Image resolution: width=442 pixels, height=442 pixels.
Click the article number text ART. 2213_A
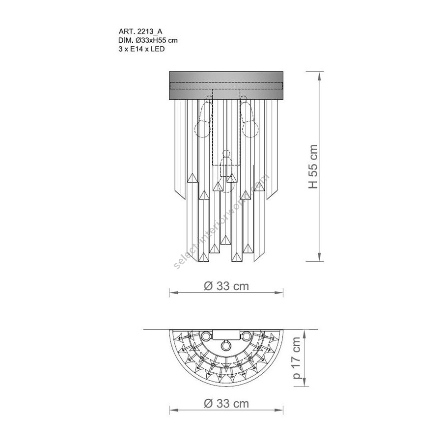[x=140, y=32]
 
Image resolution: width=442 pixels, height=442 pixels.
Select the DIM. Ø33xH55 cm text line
[x=148, y=40]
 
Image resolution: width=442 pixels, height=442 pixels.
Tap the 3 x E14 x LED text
[x=141, y=49]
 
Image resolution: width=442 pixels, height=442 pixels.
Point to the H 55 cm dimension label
[x=313, y=166]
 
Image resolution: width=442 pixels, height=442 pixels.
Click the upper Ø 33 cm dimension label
[x=226, y=286]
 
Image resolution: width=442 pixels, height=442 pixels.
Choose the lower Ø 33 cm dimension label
[x=226, y=403]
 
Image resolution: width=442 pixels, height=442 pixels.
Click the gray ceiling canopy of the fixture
[x=226, y=85]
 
